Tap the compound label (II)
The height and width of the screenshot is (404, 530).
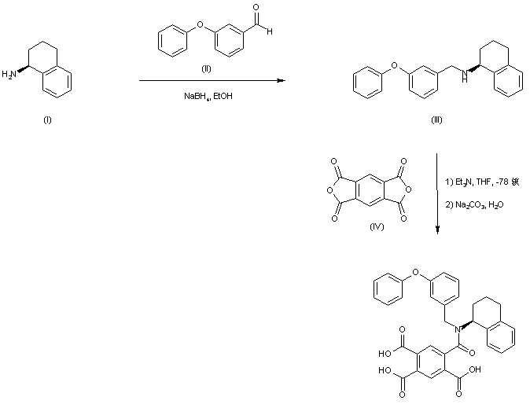(x=206, y=69)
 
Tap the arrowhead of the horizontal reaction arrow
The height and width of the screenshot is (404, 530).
(x=279, y=81)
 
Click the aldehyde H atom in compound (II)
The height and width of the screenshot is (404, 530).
(x=270, y=31)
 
